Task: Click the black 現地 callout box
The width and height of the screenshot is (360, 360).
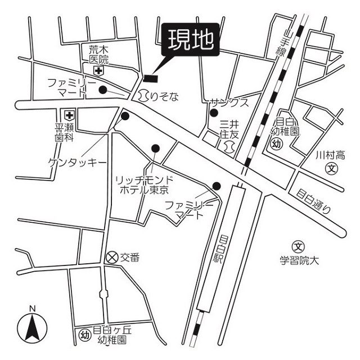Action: point(190,39)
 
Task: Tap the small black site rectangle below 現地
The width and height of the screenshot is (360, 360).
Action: point(151,78)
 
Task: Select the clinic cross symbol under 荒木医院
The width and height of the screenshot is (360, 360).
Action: point(99,71)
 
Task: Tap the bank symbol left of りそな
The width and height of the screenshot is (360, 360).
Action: point(143,96)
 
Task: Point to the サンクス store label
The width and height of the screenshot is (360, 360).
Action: point(229,103)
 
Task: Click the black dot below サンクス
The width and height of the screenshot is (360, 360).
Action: point(214,113)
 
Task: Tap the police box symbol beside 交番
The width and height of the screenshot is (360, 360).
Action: point(112,258)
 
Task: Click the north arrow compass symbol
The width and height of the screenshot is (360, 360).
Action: point(33,328)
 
